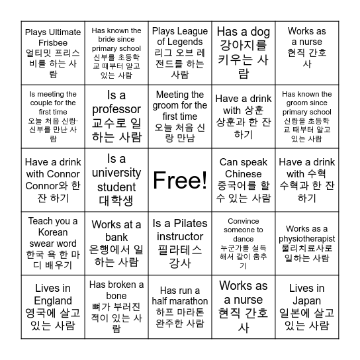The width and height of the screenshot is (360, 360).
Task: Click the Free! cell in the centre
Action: [x=179, y=180]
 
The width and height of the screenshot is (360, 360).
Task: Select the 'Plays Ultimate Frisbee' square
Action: [x=52, y=53]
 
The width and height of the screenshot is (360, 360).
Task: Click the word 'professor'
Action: [x=116, y=109]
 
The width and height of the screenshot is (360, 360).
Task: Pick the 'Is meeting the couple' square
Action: [x=52, y=116]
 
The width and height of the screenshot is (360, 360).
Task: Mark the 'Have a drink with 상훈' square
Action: [x=243, y=116]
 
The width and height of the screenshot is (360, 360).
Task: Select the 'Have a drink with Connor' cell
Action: [x=52, y=180]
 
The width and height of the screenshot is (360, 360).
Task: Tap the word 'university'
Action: [x=116, y=173]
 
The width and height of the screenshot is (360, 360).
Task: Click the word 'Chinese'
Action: [x=243, y=174]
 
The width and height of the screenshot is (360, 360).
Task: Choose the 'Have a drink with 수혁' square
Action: [x=306, y=180]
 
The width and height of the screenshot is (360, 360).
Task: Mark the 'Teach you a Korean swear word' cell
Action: [x=52, y=244]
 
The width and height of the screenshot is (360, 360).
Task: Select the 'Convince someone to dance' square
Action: [x=243, y=244]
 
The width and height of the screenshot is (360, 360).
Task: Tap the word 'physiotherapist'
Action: [x=306, y=239]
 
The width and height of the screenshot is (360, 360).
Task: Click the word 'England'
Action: [x=52, y=299]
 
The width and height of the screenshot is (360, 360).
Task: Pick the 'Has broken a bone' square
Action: [x=116, y=307]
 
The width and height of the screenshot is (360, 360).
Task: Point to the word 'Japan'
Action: [x=306, y=299]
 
